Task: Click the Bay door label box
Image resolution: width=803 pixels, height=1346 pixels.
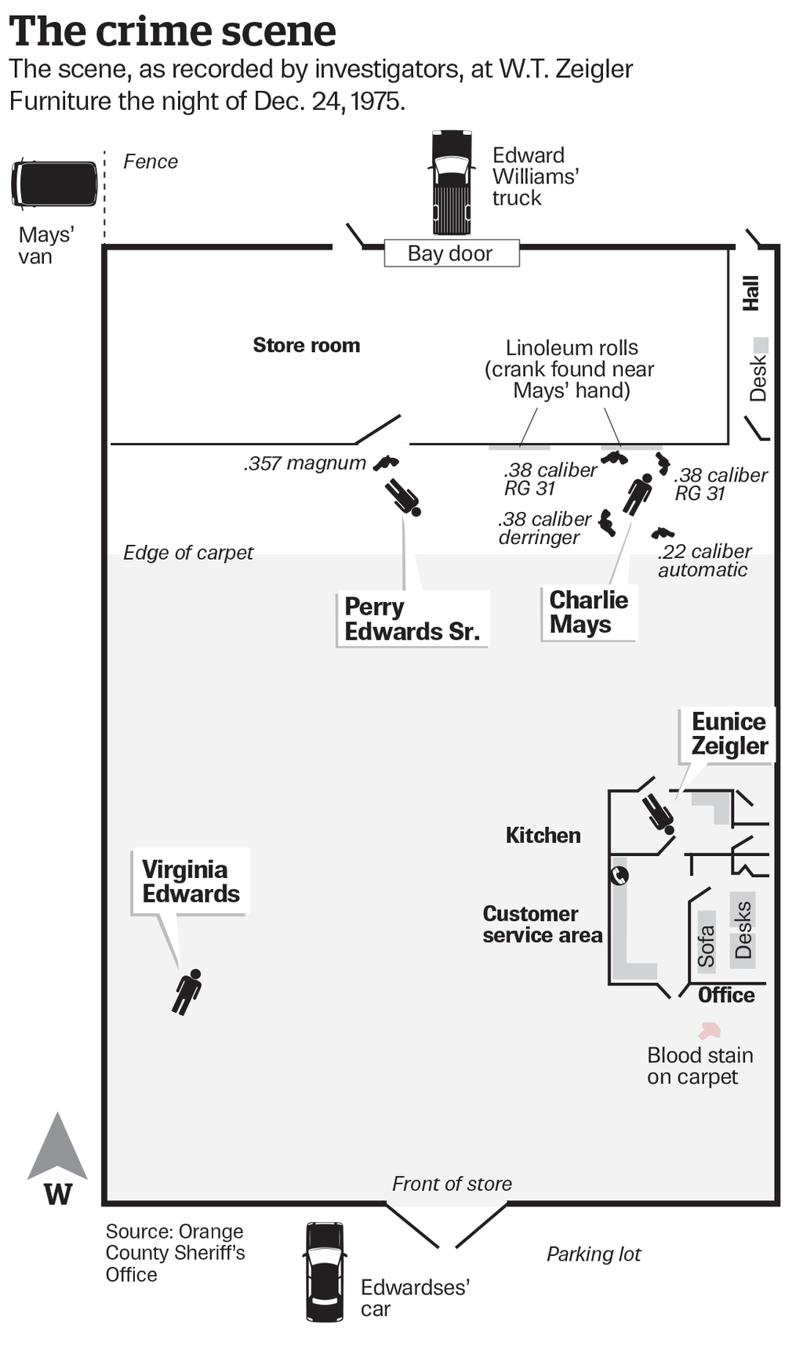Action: point(451,253)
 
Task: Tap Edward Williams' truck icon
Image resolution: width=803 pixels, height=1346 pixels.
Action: point(452,183)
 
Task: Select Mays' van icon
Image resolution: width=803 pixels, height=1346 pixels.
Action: point(54,183)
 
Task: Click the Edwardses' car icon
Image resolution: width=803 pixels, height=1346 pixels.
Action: point(325,1272)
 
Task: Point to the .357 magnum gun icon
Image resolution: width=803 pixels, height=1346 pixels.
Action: point(385,463)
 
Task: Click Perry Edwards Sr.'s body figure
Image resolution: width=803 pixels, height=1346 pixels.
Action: point(403,497)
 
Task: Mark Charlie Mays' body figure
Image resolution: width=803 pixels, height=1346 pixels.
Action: point(638,494)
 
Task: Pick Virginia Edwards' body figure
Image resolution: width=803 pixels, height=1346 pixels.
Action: point(187,992)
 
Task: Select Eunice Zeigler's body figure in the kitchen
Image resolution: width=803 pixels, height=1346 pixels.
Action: point(658,813)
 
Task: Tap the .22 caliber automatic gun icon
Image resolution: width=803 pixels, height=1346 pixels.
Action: point(662,533)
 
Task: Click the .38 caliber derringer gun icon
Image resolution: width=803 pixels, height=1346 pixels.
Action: point(606,522)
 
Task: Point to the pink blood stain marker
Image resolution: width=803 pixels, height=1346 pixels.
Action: point(709,1030)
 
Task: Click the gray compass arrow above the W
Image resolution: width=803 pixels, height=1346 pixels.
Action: point(57,1145)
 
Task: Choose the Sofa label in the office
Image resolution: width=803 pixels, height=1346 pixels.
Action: point(706,945)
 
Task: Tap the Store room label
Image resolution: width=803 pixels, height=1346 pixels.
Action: point(307,345)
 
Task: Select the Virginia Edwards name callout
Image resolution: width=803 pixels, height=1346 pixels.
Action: point(191,881)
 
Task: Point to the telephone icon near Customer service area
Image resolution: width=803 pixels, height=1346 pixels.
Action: point(620,874)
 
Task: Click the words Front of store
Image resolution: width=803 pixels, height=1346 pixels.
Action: point(452,1184)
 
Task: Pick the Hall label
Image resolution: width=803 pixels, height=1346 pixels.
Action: point(751,292)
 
